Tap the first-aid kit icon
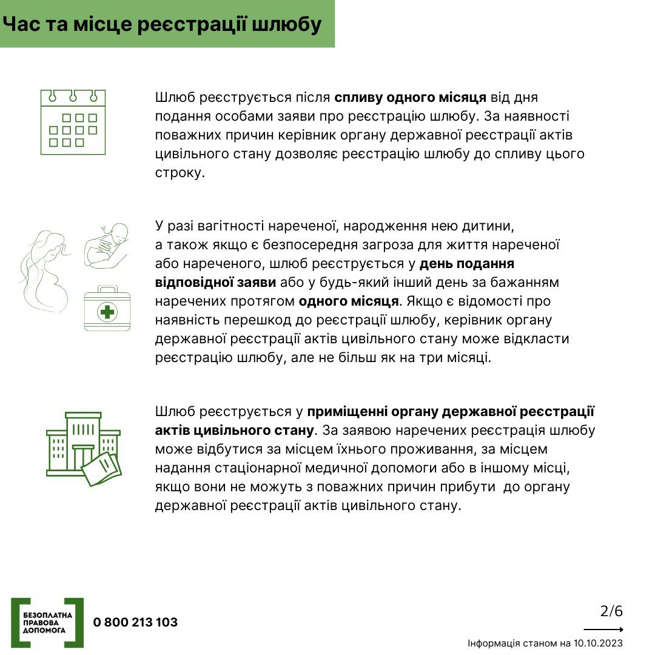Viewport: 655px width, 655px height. (x=107, y=309)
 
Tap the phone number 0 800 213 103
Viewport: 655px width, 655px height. (x=135, y=622)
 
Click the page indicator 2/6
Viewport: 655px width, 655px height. (x=611, y=611)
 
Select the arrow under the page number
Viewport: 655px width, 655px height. (x=603, y=630)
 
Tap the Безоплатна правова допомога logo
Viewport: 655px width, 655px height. (x=47, y=622)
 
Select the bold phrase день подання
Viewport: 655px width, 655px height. (x=467, y=264)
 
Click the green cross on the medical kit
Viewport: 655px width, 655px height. (x=107, y=312)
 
